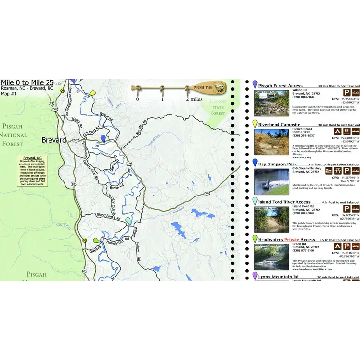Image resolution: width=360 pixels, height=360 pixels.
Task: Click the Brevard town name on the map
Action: point(53,140)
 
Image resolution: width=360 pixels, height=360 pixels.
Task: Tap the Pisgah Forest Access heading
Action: point(280,86)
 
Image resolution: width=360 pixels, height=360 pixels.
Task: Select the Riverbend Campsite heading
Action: point(279,125)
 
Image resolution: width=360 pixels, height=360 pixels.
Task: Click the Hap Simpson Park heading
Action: point(277,164)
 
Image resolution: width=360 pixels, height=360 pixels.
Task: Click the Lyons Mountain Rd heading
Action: point(278,277)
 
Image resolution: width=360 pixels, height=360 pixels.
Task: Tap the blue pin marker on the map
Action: point(103,139)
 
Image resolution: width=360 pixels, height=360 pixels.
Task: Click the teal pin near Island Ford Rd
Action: point(128,220)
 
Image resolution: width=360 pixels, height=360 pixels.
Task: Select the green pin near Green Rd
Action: point(97,241)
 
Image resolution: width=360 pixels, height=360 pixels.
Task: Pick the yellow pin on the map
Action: point(93,92)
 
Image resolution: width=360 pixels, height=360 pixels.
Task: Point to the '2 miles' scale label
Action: point(194,99)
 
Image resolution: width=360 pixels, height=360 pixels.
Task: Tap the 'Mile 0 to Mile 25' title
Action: point(27,82)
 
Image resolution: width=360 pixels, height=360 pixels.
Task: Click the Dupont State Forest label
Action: point(218,107)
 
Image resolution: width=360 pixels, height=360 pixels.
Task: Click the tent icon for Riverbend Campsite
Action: point(337,131)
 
